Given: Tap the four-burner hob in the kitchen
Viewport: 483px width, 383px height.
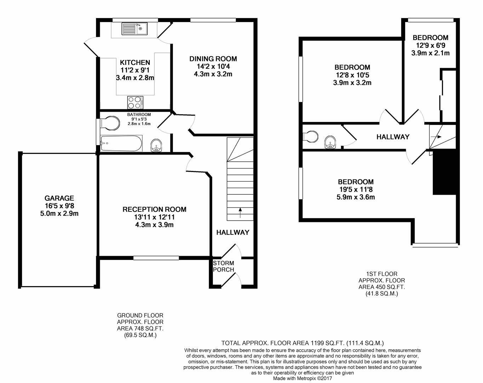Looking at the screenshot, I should [x=135, y=102].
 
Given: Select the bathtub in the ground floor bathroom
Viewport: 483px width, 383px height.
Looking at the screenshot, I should [x=121, y=143].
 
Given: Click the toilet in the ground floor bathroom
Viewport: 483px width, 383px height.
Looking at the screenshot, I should [x=110, y=123].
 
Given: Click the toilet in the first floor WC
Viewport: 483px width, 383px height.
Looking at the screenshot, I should [x=311, y=137].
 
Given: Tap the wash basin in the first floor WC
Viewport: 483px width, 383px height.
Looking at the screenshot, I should [x=330, y=141].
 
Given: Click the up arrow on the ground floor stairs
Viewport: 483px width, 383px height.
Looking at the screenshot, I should [x=240, y=213].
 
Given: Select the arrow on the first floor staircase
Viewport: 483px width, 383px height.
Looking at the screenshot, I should [x=438, y=137].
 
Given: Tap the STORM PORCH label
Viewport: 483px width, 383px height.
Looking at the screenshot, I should [x=223, y=266].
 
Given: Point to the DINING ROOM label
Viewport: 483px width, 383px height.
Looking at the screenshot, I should [x=213, y=59].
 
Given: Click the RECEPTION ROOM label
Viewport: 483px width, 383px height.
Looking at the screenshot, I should [x=154, y=210].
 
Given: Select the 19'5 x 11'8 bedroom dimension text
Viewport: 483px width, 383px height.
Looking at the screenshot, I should [x=356, y=190].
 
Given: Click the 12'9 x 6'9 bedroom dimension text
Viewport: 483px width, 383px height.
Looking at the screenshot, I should [x=430, y=45].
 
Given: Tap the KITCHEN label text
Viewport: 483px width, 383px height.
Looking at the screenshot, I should [x=135, y=62].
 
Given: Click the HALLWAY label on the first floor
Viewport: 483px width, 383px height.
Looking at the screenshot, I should [x=393, y=137].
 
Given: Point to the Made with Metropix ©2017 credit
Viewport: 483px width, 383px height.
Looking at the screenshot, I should [x=302, y=378].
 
